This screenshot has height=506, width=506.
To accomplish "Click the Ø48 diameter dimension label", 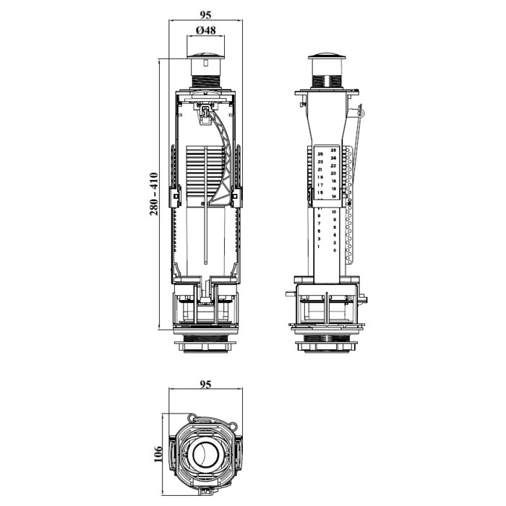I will (205, 30).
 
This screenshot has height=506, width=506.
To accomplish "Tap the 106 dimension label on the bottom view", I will (158, 453).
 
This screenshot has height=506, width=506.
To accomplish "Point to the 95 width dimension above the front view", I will (205, 12).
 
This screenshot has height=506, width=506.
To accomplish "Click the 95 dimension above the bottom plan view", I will (205, 385).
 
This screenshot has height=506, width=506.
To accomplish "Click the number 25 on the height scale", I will (320, 154).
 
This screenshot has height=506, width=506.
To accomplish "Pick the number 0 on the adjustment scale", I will (334, 250).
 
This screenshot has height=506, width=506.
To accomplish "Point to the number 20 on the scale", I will (333, 173).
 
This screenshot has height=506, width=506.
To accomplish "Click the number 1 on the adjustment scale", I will (319, 246).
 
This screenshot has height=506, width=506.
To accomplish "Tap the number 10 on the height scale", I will (333, 212).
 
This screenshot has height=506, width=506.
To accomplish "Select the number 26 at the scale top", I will (333, 150).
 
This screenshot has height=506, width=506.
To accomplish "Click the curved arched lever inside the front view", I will (226, 155).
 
